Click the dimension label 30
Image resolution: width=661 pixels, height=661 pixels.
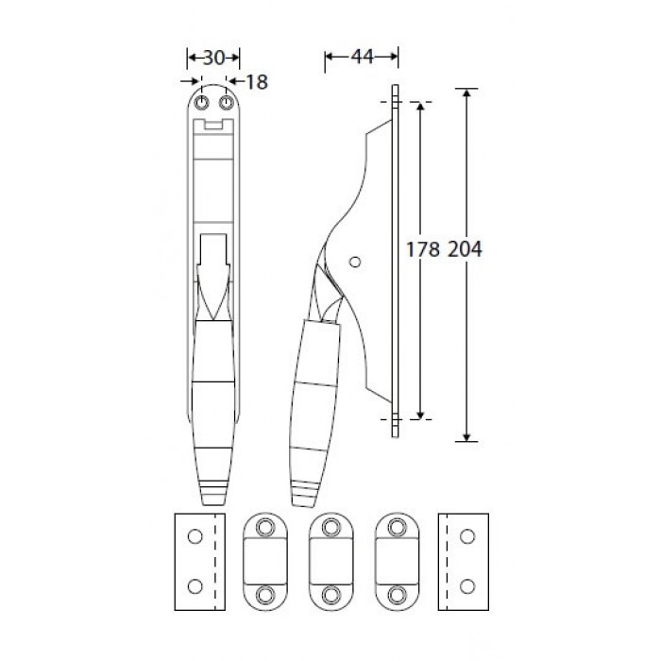click(x=213, y=58)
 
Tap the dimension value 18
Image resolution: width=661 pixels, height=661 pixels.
click(x=257, y=82)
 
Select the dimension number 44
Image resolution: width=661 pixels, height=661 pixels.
click(x=362, y=57)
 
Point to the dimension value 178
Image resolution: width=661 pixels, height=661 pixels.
click(x=423, y=249)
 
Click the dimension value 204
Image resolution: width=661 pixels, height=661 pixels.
click(x=465, y=249)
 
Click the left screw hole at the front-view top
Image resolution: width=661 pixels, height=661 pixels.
click(x=202, y=102)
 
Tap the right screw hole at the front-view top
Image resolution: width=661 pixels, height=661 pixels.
click(x=227, y=102)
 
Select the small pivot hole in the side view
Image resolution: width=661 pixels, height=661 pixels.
click(x=355, y=263)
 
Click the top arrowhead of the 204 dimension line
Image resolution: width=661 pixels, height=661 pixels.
click(x=466, y=93)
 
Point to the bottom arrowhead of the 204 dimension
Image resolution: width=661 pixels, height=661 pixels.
click(x=466, y=437)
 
